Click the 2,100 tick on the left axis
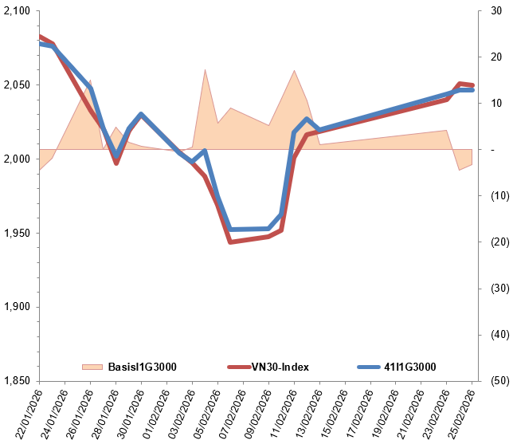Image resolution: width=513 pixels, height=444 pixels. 17,11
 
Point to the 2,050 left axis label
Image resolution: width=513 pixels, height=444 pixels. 17,85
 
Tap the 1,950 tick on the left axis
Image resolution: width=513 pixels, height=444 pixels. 17,234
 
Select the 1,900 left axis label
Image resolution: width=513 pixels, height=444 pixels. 17,308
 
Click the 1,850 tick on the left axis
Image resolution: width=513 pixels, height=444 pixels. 17,381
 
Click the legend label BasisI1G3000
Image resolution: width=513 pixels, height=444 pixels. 142,367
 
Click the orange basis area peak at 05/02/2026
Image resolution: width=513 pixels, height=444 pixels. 206,70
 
